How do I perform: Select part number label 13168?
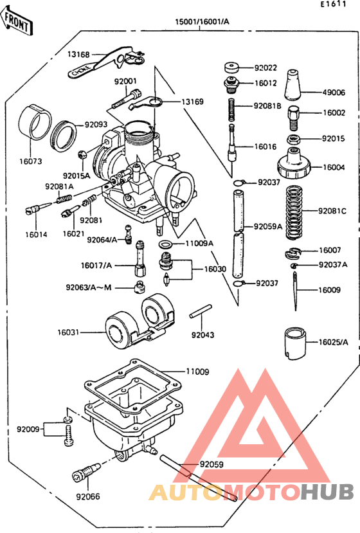tap(79, 55)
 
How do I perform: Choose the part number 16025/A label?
tap(333, 343)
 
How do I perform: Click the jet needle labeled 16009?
tap(295, 290)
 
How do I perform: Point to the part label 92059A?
tap(268, 226)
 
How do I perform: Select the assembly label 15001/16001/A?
tap(202, 22)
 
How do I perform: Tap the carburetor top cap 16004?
tap(294, 163)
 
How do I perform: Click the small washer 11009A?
tap(165, 244)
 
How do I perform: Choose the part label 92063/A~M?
tap(88, 287)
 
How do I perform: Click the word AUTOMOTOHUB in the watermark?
tap(251, 492)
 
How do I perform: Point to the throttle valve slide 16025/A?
tap(294, 343)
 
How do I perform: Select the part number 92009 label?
tap(28, 429)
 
